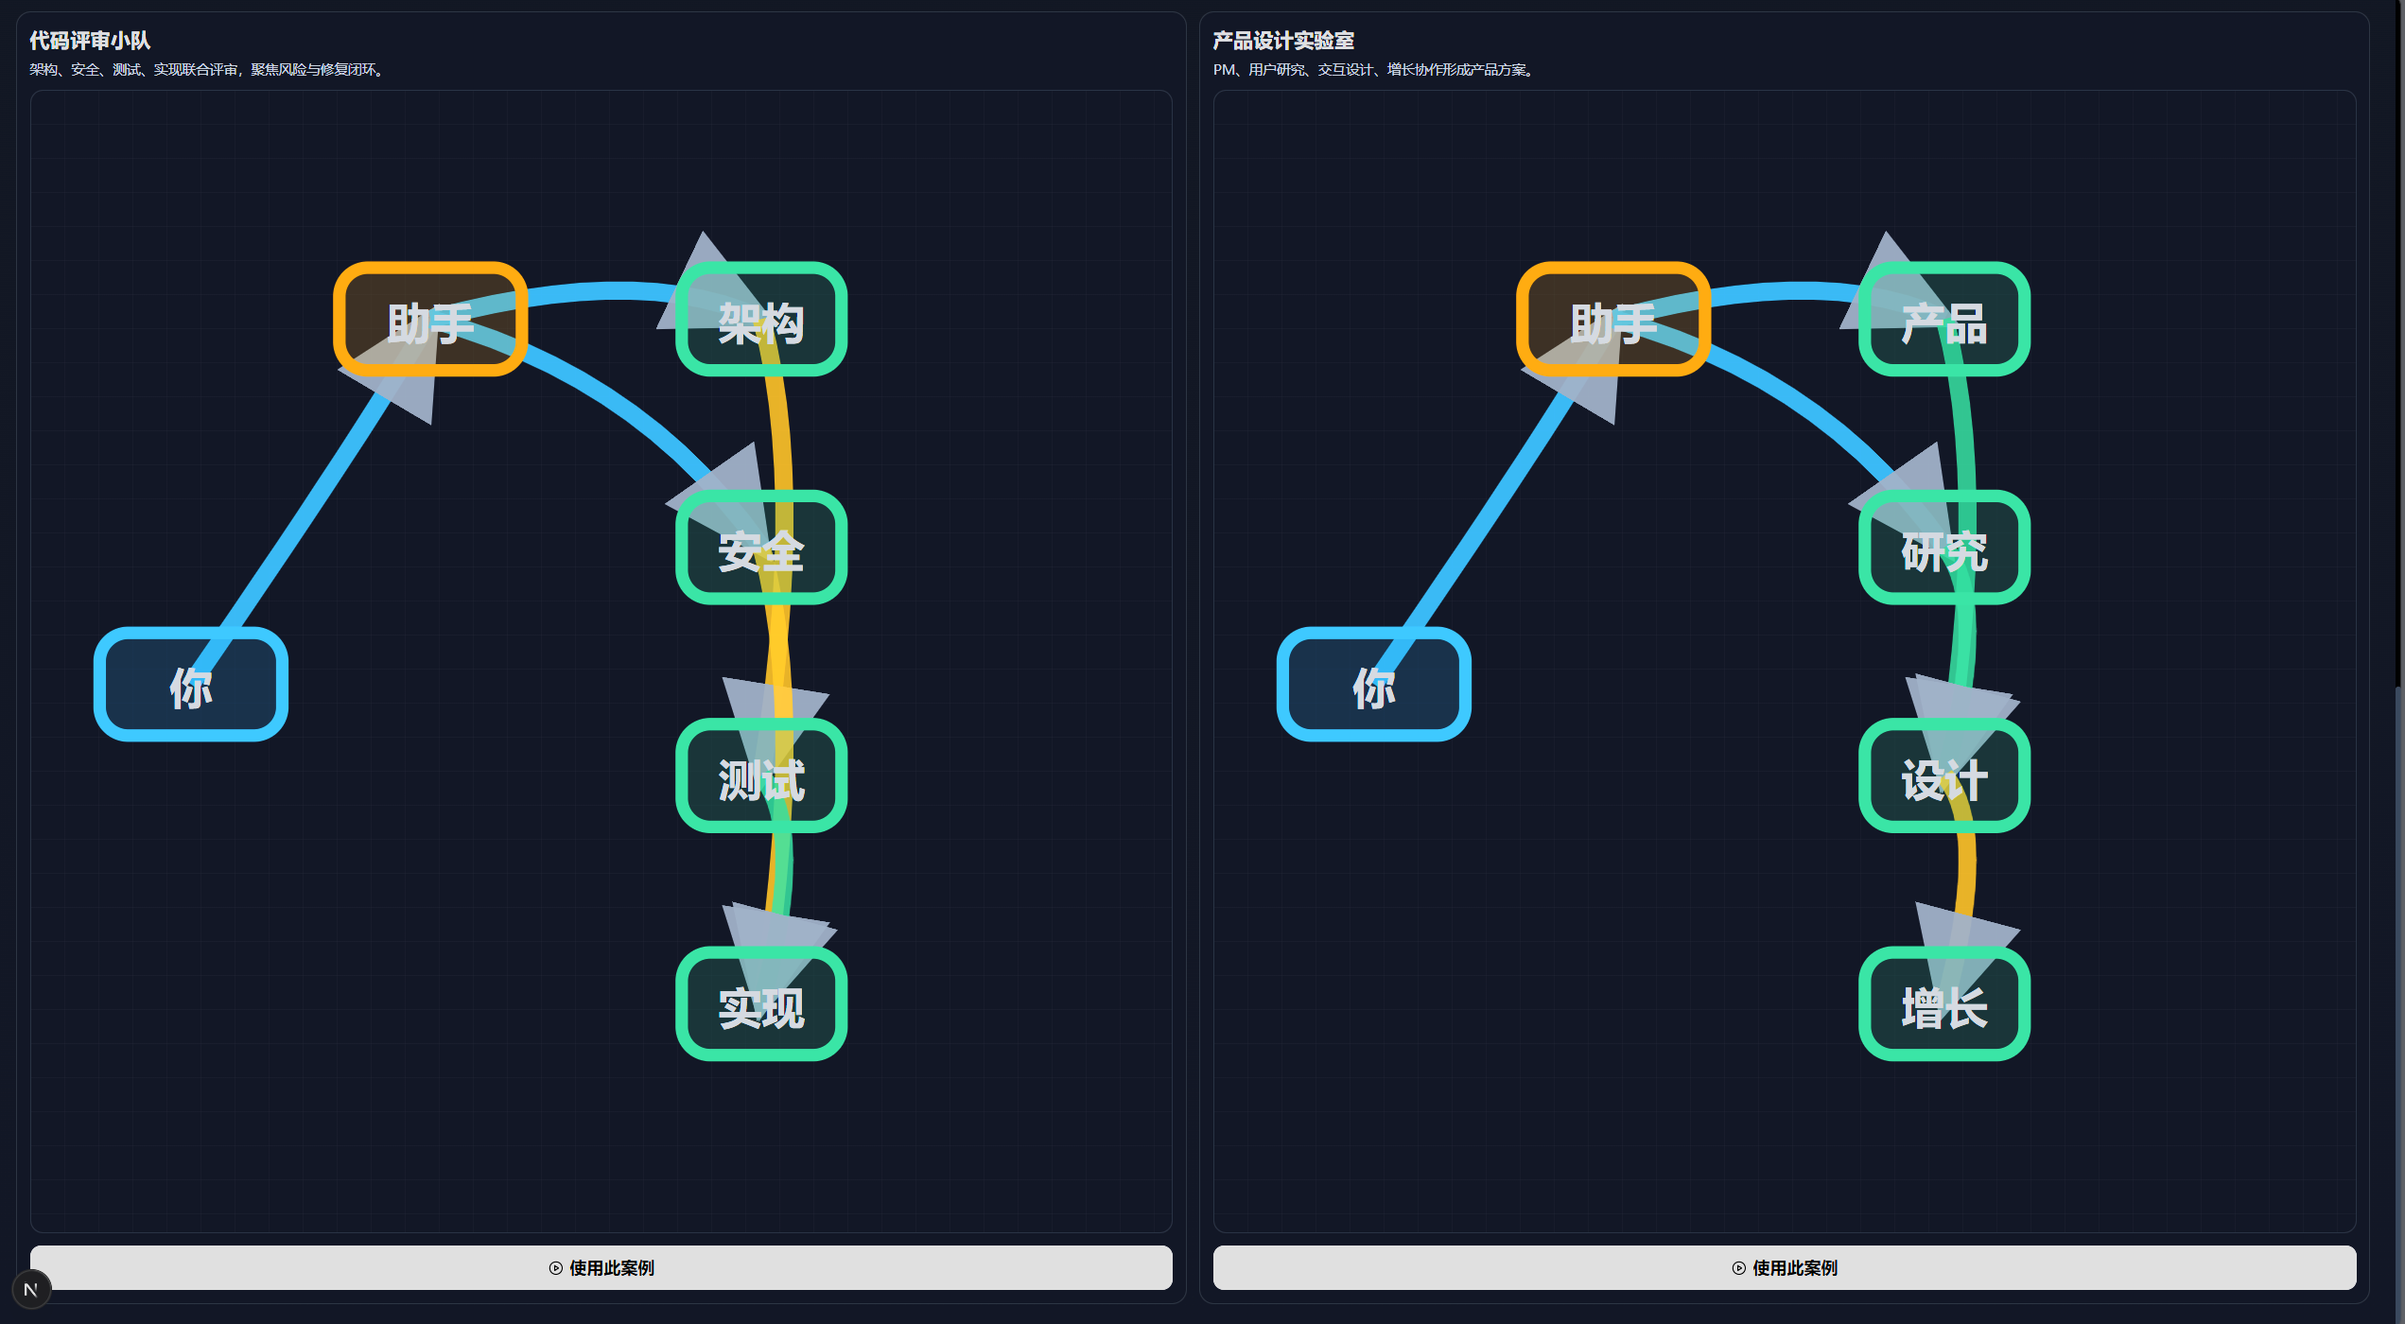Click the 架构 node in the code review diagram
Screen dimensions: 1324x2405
click(760, 320)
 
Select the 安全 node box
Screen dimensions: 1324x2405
click(760, 548)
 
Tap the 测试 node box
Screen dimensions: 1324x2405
click(760, 776)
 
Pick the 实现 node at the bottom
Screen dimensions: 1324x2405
click(760, 1004)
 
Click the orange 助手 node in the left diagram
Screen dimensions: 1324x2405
click(430, 320)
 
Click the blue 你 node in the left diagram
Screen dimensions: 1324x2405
click(191, 685)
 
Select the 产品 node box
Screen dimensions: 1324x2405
click(1943, 320)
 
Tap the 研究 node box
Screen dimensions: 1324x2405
click(1943, 548)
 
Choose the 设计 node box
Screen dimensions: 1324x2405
click(1943, 776)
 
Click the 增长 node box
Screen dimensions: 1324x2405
click(1943, 1004)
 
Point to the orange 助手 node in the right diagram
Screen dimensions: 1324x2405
click(1613, 320)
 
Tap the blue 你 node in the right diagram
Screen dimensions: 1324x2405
click(1373, 685)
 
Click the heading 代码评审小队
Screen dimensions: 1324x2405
click(90, 41)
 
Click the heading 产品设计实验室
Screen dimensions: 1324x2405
click(1283, 41)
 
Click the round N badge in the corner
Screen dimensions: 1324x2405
click(31, 1290)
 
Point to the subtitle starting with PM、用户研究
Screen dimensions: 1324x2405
click(1374, 70)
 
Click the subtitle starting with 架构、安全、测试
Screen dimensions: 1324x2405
click(207, 70)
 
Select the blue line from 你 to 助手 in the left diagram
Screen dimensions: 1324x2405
click(303, 515)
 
